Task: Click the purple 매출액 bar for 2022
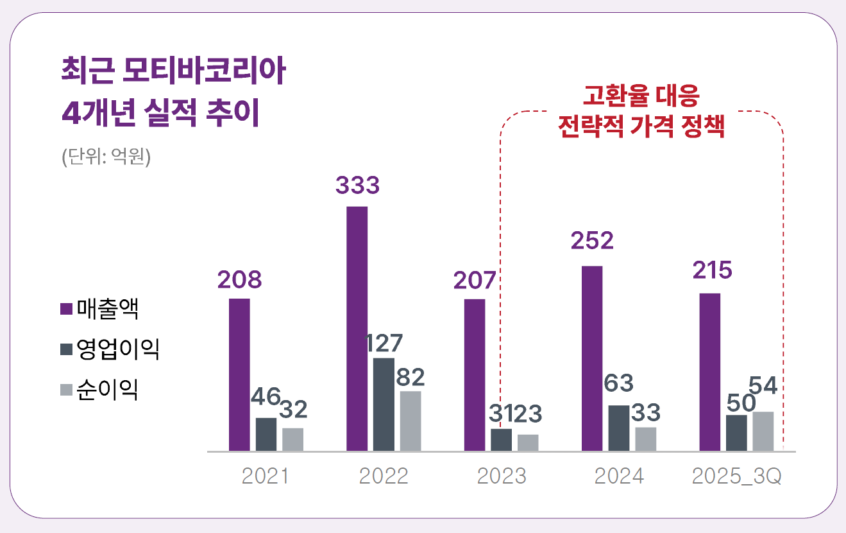click(x=357, y=329)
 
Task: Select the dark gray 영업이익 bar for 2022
click(x=384, y=405)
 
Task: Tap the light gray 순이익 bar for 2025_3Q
click(x=763, y=432)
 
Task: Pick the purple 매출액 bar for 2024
click(x=592, y=358)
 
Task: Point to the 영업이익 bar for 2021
click(x=266, y=435)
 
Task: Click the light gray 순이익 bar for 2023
click(x=529, y=443)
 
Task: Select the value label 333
click(x=357, y=186)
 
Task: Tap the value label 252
click(x=592, y=241)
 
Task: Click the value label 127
click(x=384, y=344)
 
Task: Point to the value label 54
click(x=763, y=386)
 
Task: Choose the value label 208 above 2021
click(x=239, y=280)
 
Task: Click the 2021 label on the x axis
click(x=266, y=476)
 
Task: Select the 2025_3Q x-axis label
click(x=737, y=477)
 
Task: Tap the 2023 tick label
click(x=502, y=476)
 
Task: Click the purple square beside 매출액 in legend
click(x=65, y=310)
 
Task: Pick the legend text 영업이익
click(x=117, y=349)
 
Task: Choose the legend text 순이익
click(x=107, y=389)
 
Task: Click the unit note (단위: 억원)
click(x=106, y=157)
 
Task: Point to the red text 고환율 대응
click(x=641, y=96)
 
